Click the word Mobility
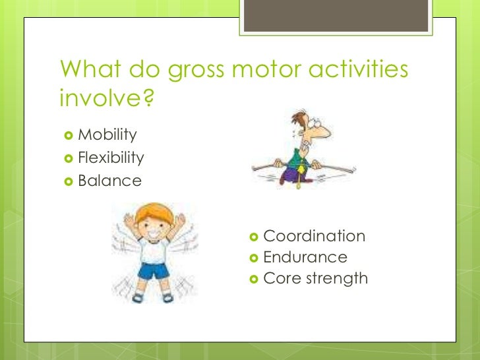coord(107,135)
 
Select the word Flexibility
coord(110,158)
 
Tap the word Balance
coord(109,180)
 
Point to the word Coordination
coord(314,236)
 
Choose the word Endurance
coord(305,257)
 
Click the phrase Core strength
coord(315,278)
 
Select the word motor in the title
coord(266,70)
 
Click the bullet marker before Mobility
coord(67,136)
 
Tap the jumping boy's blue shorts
coord(152,270)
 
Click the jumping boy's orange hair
coord(153,214)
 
